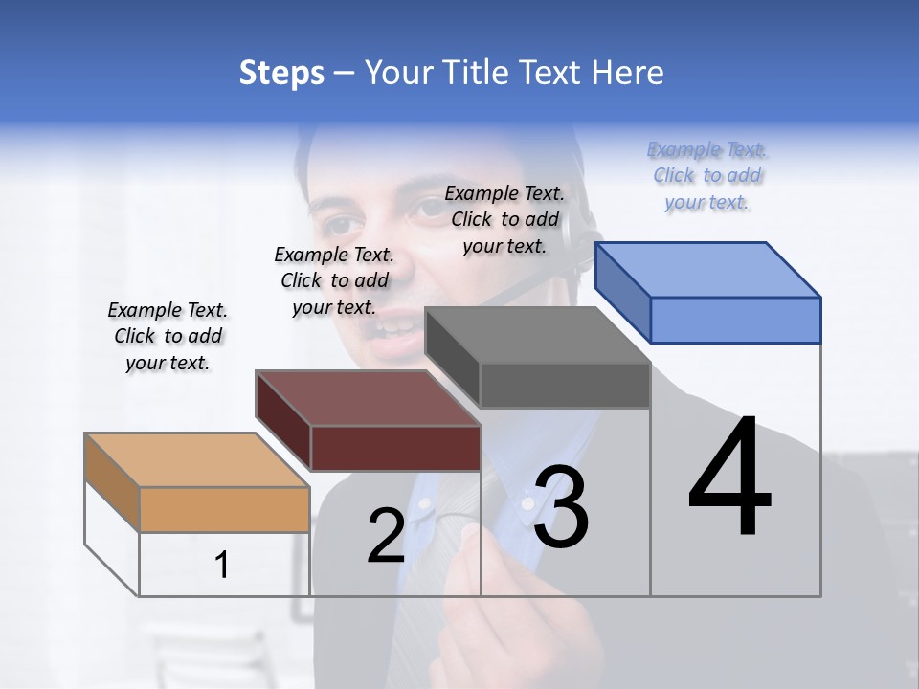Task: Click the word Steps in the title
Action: point(281,73)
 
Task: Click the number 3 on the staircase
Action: point(561,507)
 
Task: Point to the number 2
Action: point(386,536)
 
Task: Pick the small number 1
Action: point(222,566)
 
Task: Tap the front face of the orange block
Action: point(224,509)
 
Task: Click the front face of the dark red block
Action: point(395,448)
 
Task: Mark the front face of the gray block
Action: point(565,385)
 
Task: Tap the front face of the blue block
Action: point(735,320)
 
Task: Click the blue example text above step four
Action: point(707,176)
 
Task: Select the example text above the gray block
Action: point(504,219)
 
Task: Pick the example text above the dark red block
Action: point(334,280)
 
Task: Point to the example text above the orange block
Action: point(168,336)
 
